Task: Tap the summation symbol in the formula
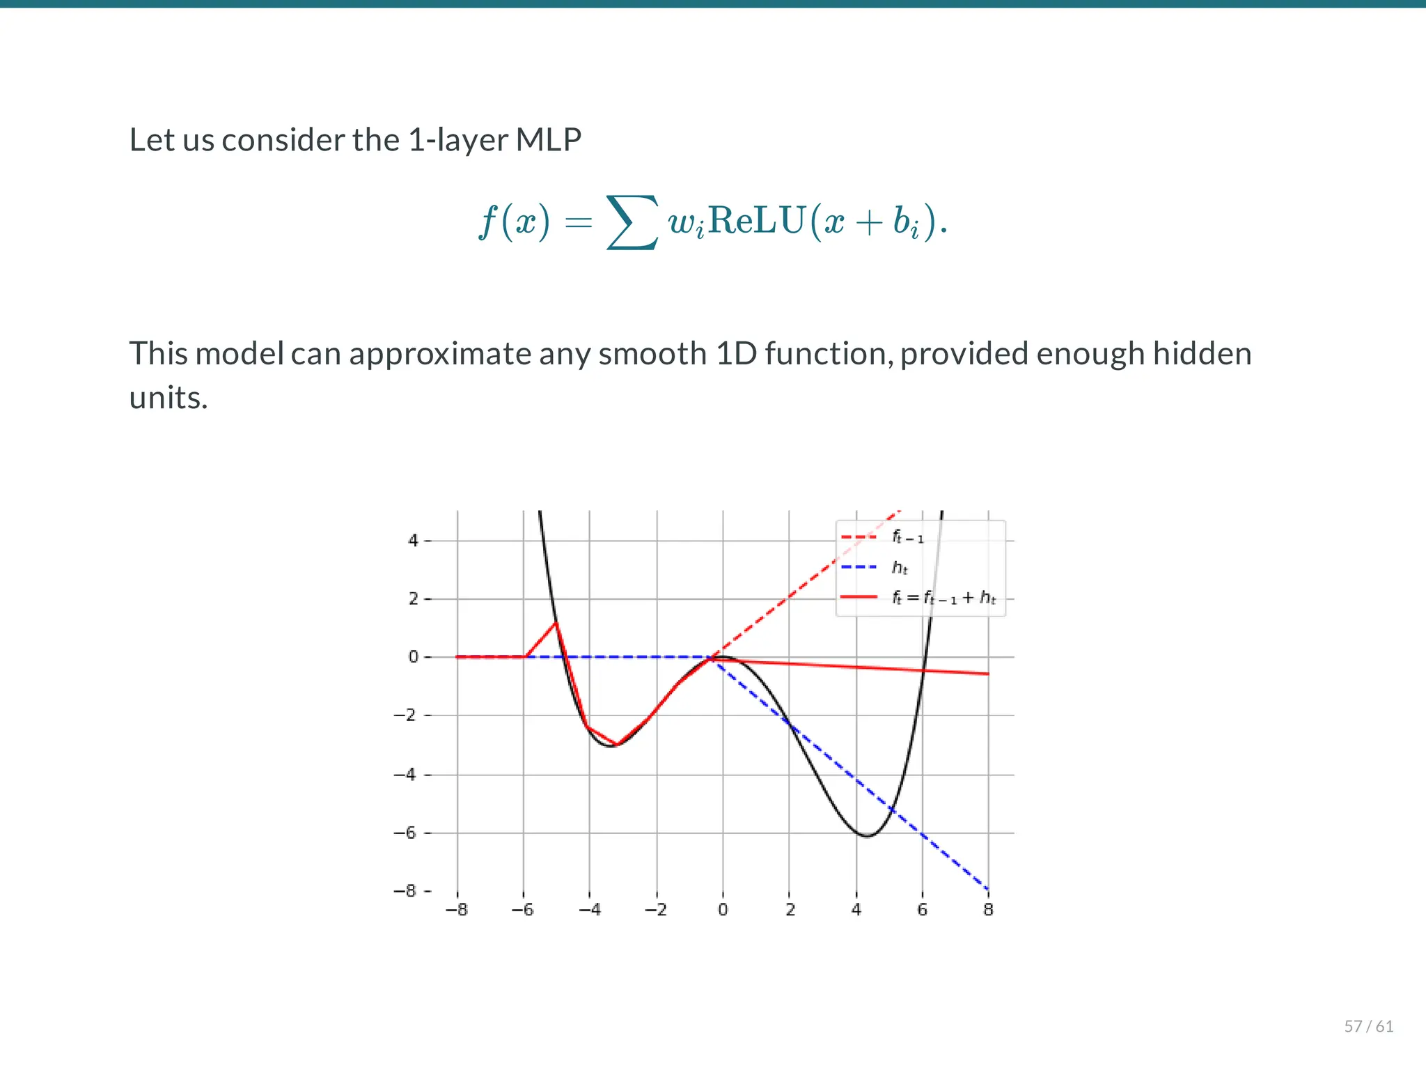point(632,222)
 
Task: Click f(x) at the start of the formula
point(514,222)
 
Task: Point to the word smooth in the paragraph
point(652,354)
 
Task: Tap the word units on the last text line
point(169,398)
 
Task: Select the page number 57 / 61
point(1368,1026)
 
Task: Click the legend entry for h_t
point(900,568)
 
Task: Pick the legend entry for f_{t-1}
point(907,537)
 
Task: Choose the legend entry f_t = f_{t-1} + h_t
point(943,598)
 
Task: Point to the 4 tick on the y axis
point(414,541)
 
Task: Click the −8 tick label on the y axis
point(405,891)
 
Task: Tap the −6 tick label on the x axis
point(522,910)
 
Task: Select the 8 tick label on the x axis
point(988,910)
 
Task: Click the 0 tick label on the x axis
point(723,910)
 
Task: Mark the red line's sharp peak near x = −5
point(556,622)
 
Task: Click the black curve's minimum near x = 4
point(866,835)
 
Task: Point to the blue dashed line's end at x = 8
point(987,889)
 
